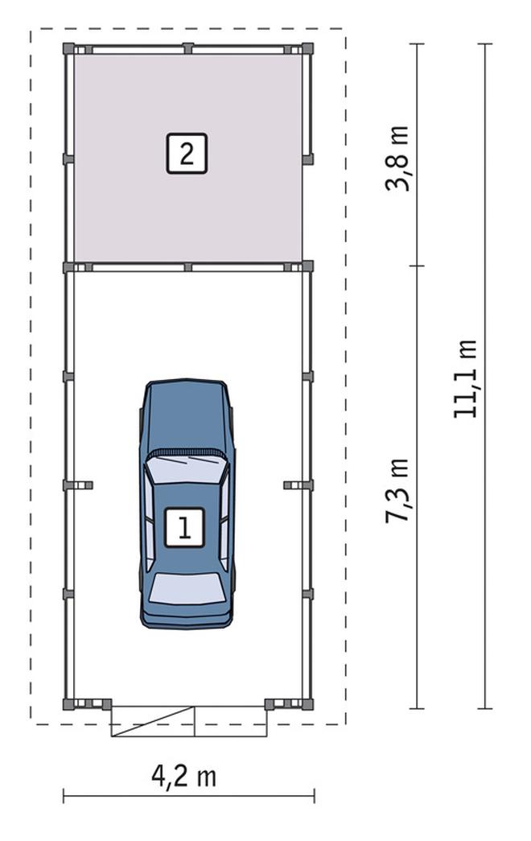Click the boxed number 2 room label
(x=187, y=154)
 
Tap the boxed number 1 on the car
(x=184, y=528)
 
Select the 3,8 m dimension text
(x=397, y=159)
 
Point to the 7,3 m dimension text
(x=397, y=491)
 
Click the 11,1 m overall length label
(x=464, y=379)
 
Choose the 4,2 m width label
(x=184, y=776)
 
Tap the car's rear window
(x=187, y=587)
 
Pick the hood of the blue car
(x=186, y=416)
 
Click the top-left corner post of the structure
(x=68, y=48)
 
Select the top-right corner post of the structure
(x=307, y=48)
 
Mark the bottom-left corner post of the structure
(x=68, y=703)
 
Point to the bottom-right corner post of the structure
(x=307, y=703)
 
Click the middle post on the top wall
(x=187, y=48)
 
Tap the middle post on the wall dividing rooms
(x=187, y=266)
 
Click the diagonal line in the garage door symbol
(x=152, y=721)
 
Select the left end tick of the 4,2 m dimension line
(x=64, y=796)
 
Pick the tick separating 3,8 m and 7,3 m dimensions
(x=418, y=266)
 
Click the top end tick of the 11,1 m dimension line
(x=485, y=44)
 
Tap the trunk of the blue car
(x=187, y=614)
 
